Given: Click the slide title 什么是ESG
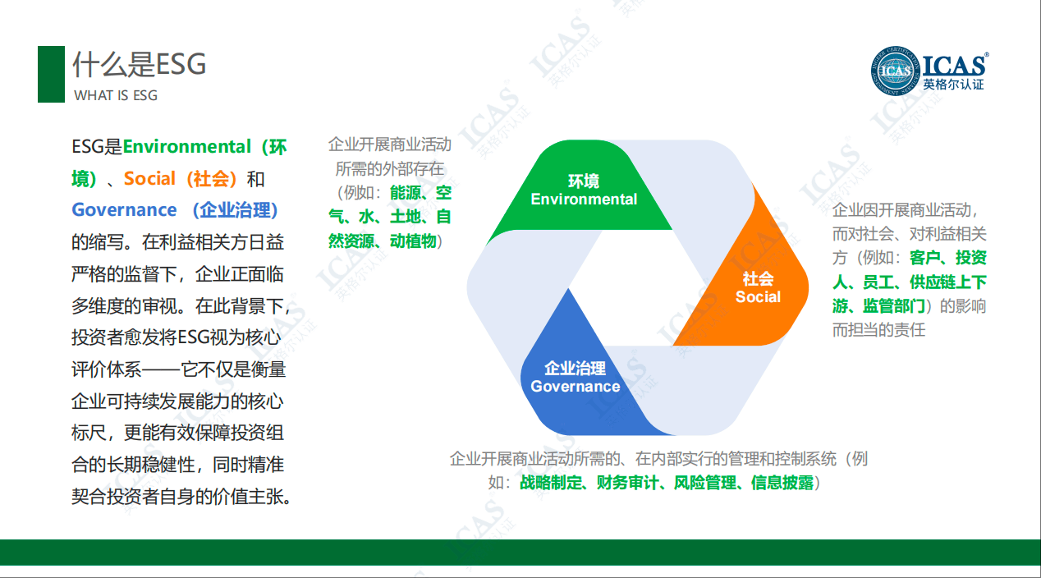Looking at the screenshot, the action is (x=139, y=64).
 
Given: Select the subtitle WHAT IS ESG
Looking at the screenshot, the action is (x=116, y=95).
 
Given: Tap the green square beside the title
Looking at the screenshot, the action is (x=51, y=74).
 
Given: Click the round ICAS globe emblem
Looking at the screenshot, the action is (x=895, y=71).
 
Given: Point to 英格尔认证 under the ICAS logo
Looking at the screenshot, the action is (x=953, y=84).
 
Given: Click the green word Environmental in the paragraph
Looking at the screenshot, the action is (x=187, y=147).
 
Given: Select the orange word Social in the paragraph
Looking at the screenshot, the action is (x=149, y=178).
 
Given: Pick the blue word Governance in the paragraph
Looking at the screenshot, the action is (x=125, y=210).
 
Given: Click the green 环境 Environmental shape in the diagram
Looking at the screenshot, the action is (x=584, y=190).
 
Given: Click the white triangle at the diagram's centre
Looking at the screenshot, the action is (x=638, y=288).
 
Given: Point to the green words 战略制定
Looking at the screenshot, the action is (x=550, y=483).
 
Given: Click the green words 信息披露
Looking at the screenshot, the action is (x=782, y=483).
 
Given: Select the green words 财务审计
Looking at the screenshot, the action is (x=627, y=483).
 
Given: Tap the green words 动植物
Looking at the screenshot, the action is (x=413, y=241).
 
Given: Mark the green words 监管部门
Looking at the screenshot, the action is (x=894, y=306).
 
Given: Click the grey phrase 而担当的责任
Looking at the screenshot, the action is (x=878, y=330).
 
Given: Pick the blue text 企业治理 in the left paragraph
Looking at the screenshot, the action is (x=236, y=210).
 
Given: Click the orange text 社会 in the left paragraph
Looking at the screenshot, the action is (x=212, y=178).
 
